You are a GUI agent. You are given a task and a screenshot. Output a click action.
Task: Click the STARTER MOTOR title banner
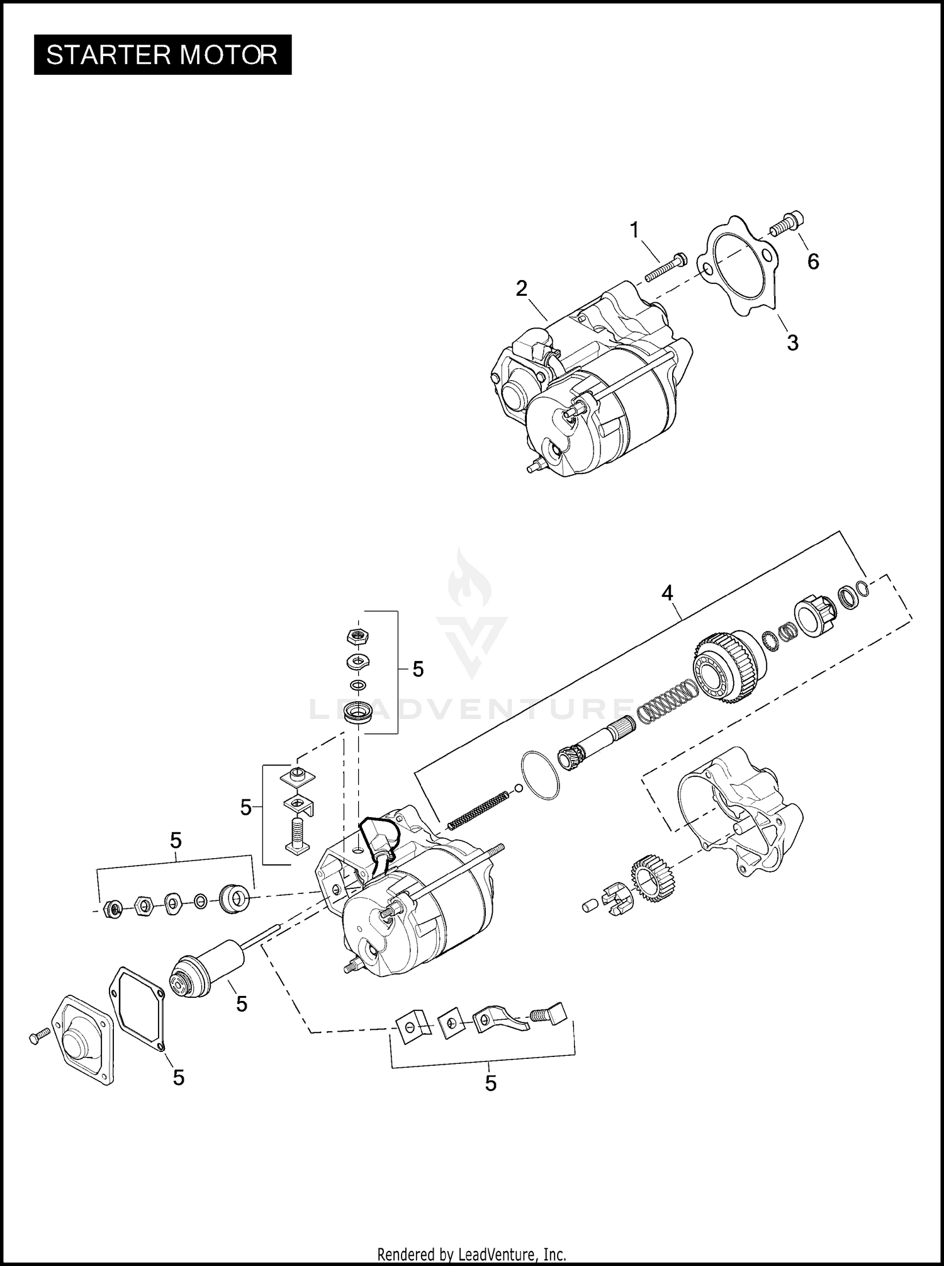[x=162, y=55]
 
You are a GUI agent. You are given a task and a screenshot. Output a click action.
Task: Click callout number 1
[x=634, y=230]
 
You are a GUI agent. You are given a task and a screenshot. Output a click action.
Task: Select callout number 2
[x=521, y=288]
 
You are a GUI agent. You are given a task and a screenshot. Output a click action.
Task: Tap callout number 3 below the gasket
[x=792, y=342]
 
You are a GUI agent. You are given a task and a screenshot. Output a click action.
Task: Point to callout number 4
[x=666, y=592]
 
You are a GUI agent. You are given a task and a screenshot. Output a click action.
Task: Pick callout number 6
[x=813, y=261]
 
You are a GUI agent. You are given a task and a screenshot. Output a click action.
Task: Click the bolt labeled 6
[x=787, y=223]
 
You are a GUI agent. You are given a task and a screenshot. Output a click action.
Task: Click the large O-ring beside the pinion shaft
[x=540, y=775]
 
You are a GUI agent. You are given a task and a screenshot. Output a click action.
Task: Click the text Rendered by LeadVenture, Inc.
[x=471, y=1253]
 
